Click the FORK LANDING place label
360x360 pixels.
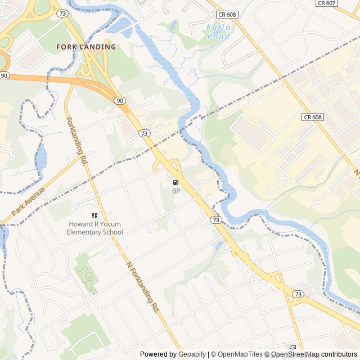tap(86, 47)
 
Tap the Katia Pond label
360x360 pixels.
tap(218, 31)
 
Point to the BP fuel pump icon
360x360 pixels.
tap(176, 182)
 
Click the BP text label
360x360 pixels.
tap(176, 191)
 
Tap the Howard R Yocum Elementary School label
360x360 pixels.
tap(94, 228)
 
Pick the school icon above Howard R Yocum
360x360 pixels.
tap(94, 215)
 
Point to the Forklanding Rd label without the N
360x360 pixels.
tap(78, 141)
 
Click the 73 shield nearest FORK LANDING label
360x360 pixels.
tap(62, 12)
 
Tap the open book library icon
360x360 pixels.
tap(292, 347)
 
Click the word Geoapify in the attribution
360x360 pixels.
tap(192, 354)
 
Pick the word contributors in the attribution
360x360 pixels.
tap(339, 354)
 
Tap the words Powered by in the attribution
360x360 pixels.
tap(157, 354)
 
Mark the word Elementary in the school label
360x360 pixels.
tap(84, 232)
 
